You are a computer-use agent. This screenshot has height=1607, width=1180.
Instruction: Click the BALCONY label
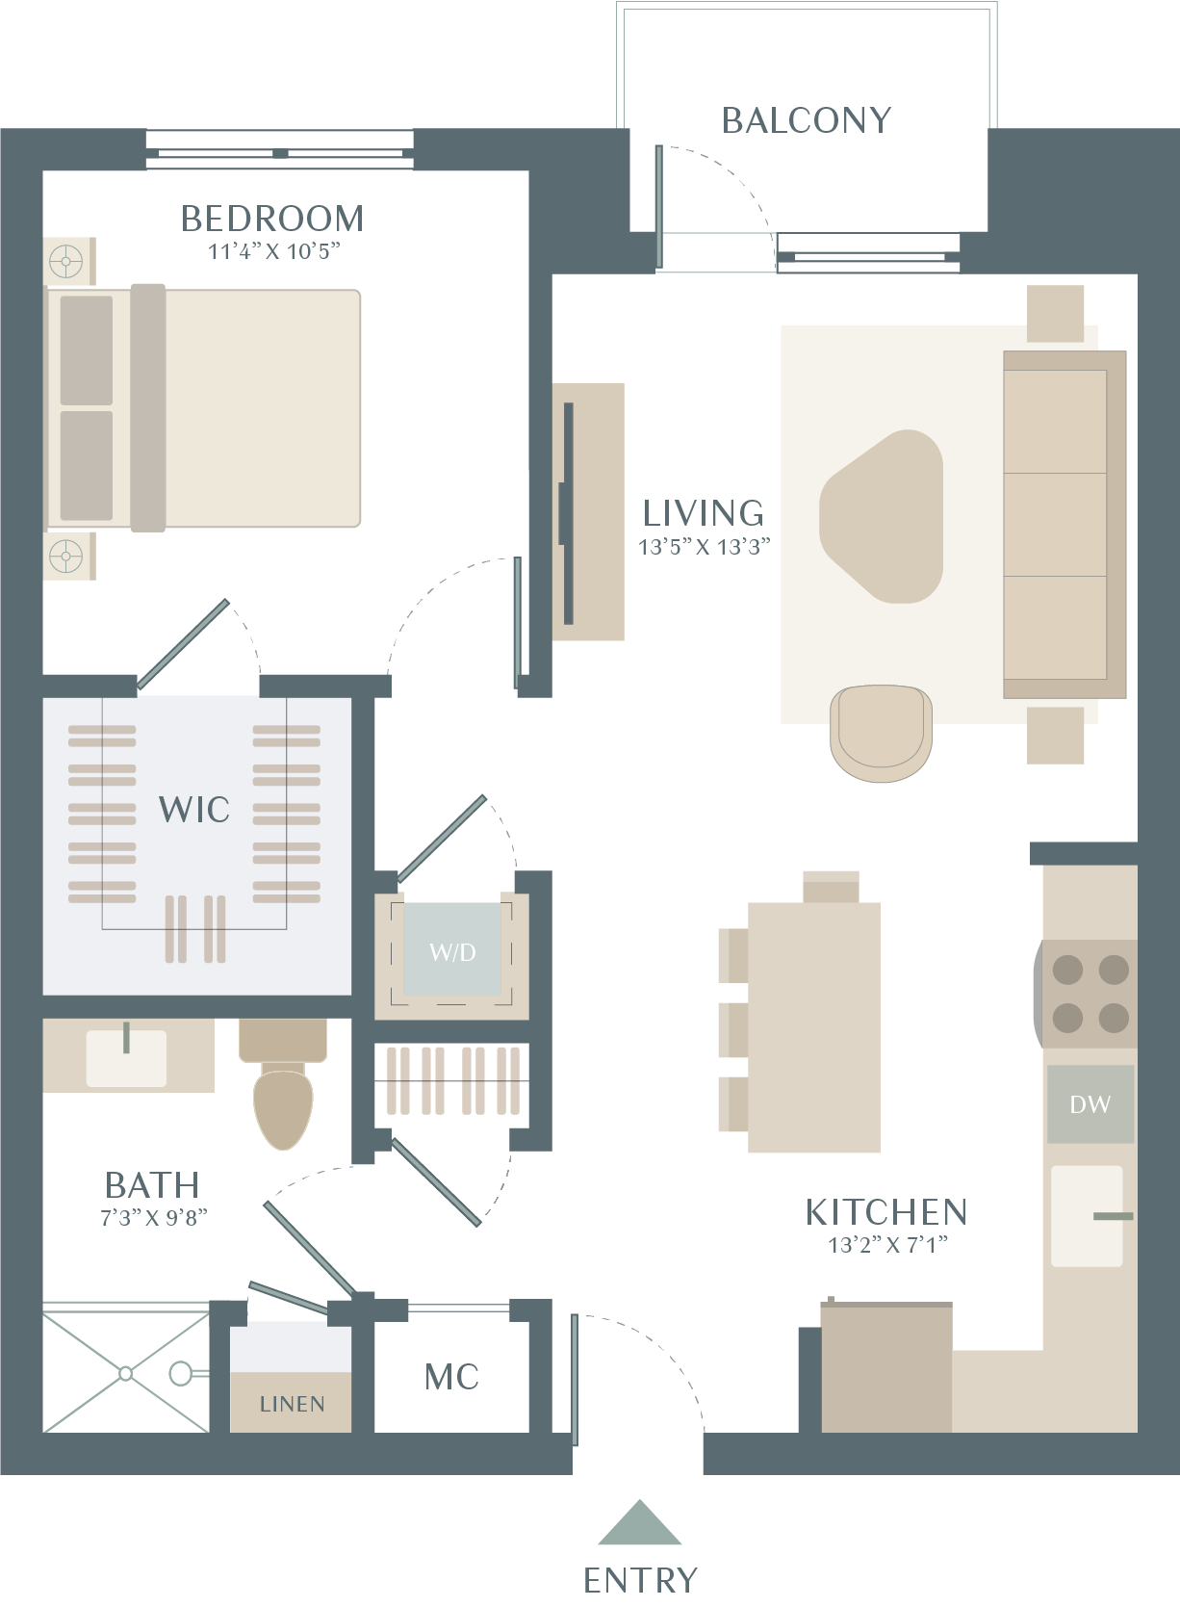(807, 120)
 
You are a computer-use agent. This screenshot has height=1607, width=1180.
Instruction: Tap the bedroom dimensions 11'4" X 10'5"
(273, 252)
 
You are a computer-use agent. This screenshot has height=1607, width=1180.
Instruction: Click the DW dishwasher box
(1090, 1103)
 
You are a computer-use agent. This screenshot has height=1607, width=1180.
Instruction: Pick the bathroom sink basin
(126, 1058)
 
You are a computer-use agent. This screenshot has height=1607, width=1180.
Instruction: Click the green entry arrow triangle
(639, 1522)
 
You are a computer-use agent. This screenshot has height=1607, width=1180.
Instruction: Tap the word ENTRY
(640, 1580)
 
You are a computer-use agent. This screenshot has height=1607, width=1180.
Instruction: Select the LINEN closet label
(292, 1404)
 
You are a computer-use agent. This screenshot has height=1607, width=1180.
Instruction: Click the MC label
(451, 1377)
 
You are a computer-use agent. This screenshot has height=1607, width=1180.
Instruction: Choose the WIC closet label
(193, 809)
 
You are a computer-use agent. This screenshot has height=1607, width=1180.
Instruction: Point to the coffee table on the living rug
(882, 516)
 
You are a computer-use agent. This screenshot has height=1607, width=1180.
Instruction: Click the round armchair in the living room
(881, 733)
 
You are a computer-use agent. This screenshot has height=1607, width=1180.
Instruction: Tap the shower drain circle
(125, 1373)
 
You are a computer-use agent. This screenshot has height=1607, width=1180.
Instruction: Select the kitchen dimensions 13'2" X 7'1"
(888, 1245)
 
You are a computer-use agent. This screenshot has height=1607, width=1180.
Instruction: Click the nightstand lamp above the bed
(66, 262)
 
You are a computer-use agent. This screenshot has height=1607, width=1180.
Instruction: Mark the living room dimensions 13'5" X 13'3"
(705, 547)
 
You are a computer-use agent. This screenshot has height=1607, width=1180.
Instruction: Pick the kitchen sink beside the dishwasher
(1087, 1215)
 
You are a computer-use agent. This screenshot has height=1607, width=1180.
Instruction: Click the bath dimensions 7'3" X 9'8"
(153, 1217)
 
